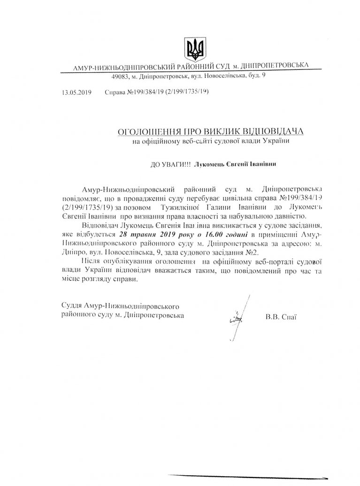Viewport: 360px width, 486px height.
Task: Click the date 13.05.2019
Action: click(76, 93)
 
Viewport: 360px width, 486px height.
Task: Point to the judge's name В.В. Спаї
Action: click(281, 317)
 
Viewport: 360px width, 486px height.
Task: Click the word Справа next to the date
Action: click(116, 93)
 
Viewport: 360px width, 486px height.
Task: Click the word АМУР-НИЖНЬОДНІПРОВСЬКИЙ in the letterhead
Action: click(115, 68)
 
